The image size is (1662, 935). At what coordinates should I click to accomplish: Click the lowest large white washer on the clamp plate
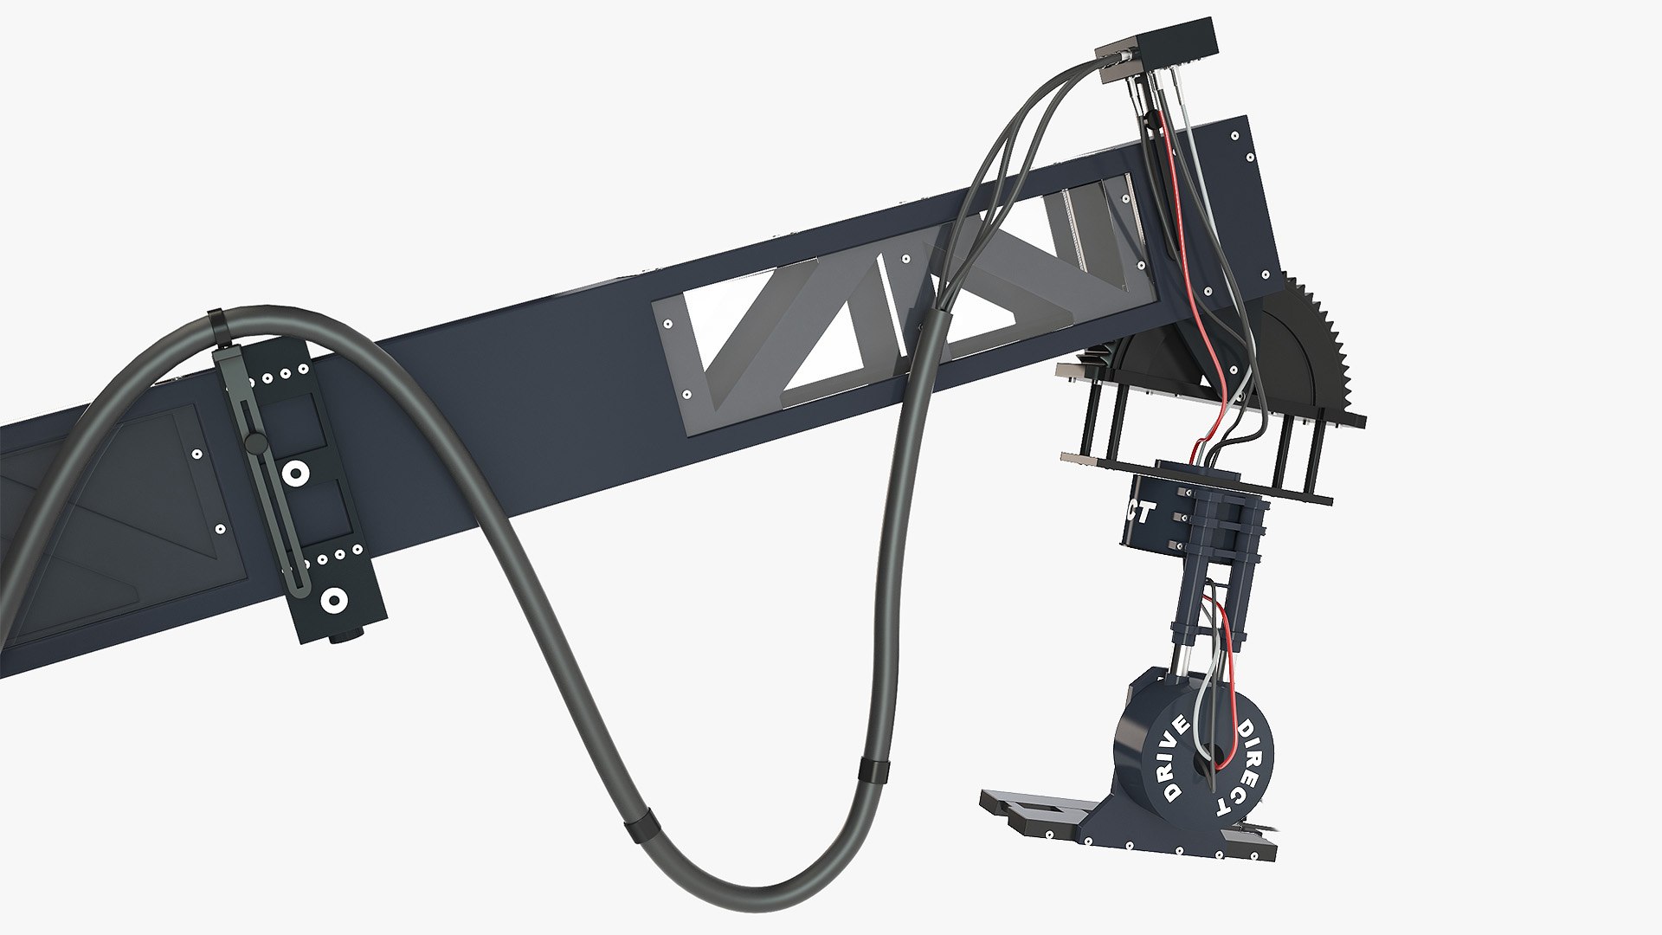pyautogui.click(x=332, y=599)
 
